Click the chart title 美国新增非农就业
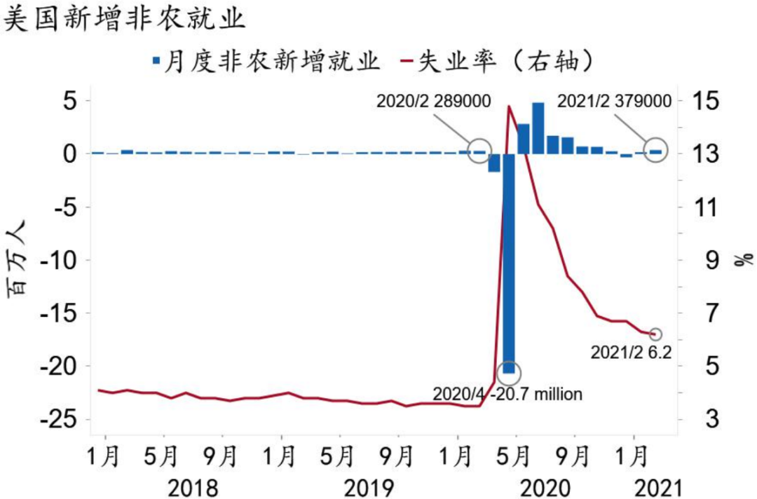125,19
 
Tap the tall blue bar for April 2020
509,263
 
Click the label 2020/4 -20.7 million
507,394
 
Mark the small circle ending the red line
655,334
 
